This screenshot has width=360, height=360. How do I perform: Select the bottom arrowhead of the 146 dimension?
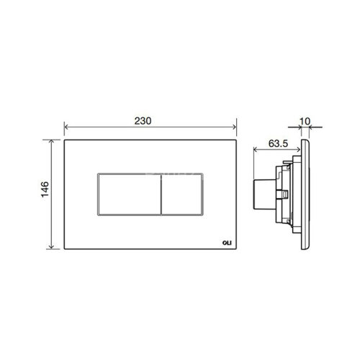click(x=53, y=250)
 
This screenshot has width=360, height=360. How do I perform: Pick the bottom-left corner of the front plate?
click(x=66, y=251)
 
